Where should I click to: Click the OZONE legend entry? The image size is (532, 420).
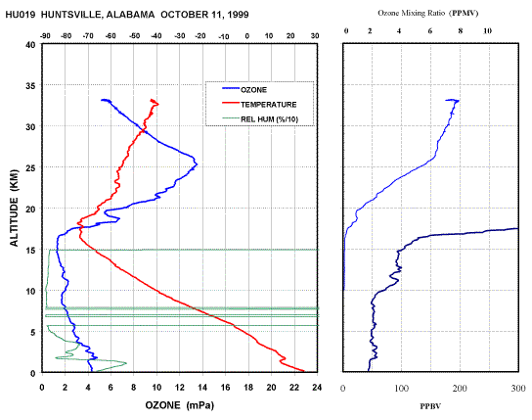[244, 90]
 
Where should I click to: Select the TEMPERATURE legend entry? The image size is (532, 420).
[259, 104]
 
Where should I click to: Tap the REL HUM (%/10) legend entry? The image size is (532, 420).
[260, 119]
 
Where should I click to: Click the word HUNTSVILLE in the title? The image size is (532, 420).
[70, 15]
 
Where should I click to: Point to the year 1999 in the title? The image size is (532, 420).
[238, 15]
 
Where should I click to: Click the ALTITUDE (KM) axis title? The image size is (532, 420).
[15, 208]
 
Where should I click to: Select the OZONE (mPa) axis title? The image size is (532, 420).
[180, 405]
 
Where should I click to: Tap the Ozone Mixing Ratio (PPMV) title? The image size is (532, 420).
[428, 14]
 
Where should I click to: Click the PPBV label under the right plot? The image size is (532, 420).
[430, 406]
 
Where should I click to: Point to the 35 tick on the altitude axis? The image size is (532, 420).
[30, 85]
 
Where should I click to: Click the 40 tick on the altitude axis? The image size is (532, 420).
[30, 44]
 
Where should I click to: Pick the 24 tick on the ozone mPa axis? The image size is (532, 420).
[317, 388]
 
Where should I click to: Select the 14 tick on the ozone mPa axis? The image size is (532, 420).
[202, 388]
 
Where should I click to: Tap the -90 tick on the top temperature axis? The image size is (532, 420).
[45, 36]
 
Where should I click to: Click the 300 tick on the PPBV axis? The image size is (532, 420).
[518, 388]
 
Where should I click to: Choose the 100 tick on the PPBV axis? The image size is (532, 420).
[401, 388]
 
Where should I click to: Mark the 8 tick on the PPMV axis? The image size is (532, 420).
[461, 31]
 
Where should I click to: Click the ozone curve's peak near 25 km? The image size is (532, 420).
[197, 164]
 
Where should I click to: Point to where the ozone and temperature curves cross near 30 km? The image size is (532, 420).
[144, 130]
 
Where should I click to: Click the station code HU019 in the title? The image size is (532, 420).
[21, 15]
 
